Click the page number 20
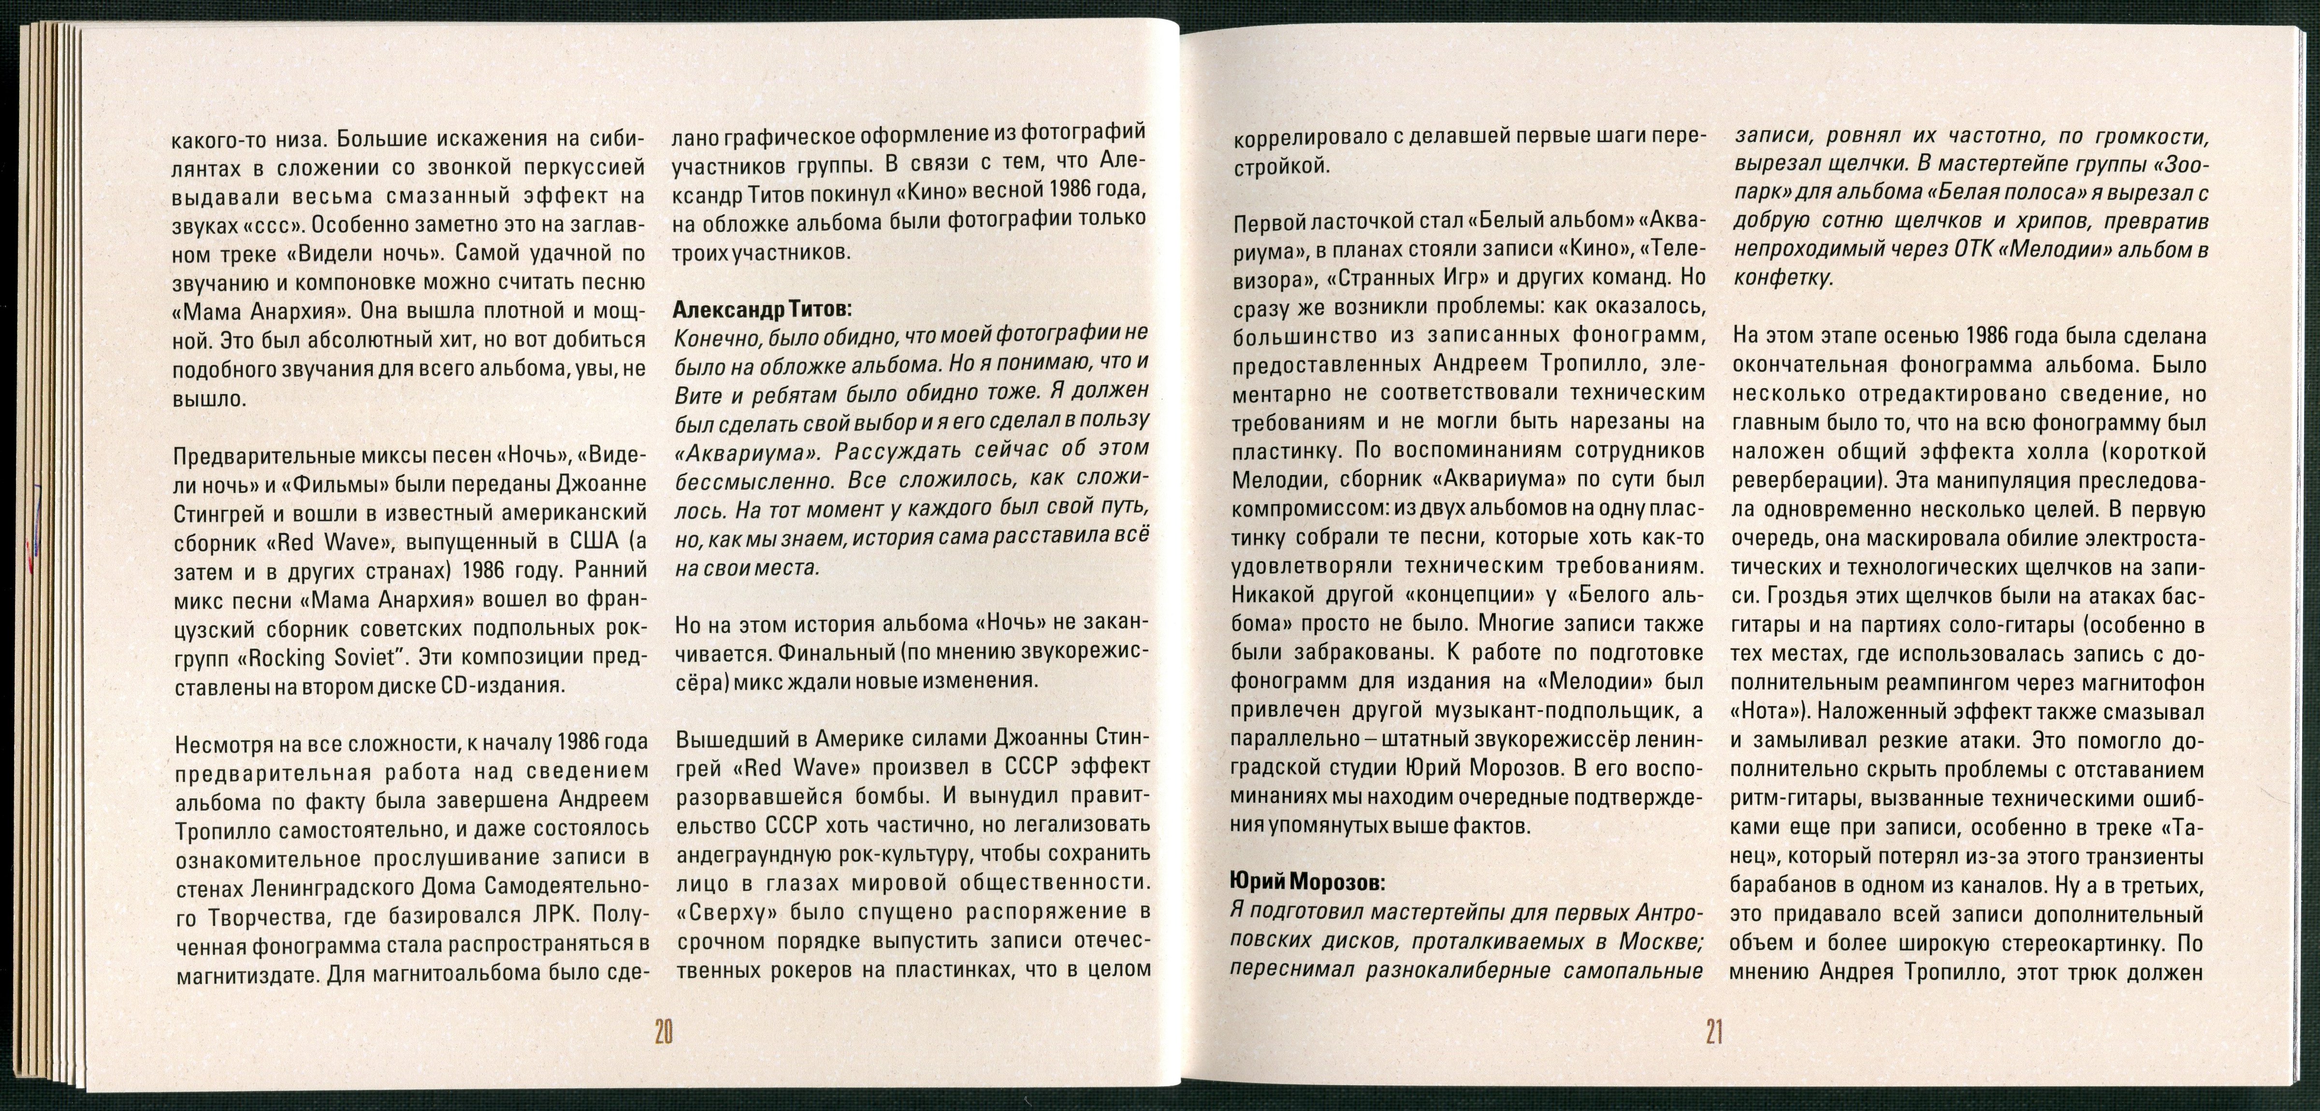click(x=664, y=1031)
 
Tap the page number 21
click(x=1713, y=1031)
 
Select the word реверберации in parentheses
click(x=1801, y=480)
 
